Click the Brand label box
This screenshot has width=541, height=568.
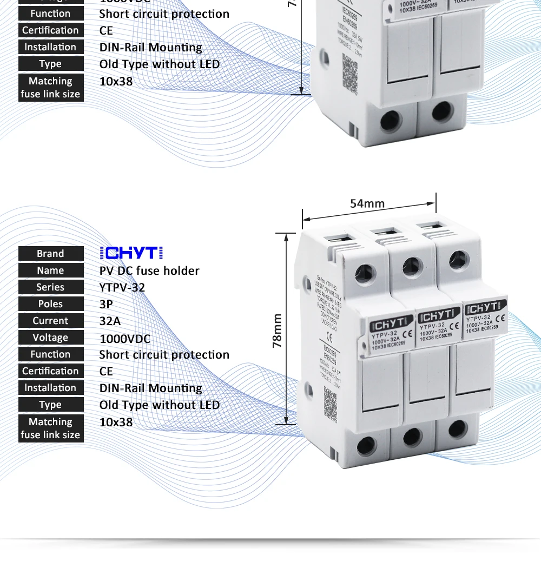51,254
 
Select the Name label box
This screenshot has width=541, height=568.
51,270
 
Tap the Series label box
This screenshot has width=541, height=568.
51,287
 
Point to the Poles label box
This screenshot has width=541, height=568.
51,304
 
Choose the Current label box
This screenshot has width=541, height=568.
51,321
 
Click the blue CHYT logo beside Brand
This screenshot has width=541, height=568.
131,253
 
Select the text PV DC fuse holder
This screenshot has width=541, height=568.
149,270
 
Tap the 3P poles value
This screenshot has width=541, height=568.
106,304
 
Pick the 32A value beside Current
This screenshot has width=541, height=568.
110,321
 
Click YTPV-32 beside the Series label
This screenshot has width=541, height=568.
122,287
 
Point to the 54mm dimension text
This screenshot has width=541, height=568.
367,203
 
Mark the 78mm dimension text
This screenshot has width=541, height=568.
278,330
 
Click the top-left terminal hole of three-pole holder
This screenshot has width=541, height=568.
366,273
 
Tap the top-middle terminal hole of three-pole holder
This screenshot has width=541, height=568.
412,266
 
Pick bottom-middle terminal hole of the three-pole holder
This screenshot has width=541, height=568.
413,437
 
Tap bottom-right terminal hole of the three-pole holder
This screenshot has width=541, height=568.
457,429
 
